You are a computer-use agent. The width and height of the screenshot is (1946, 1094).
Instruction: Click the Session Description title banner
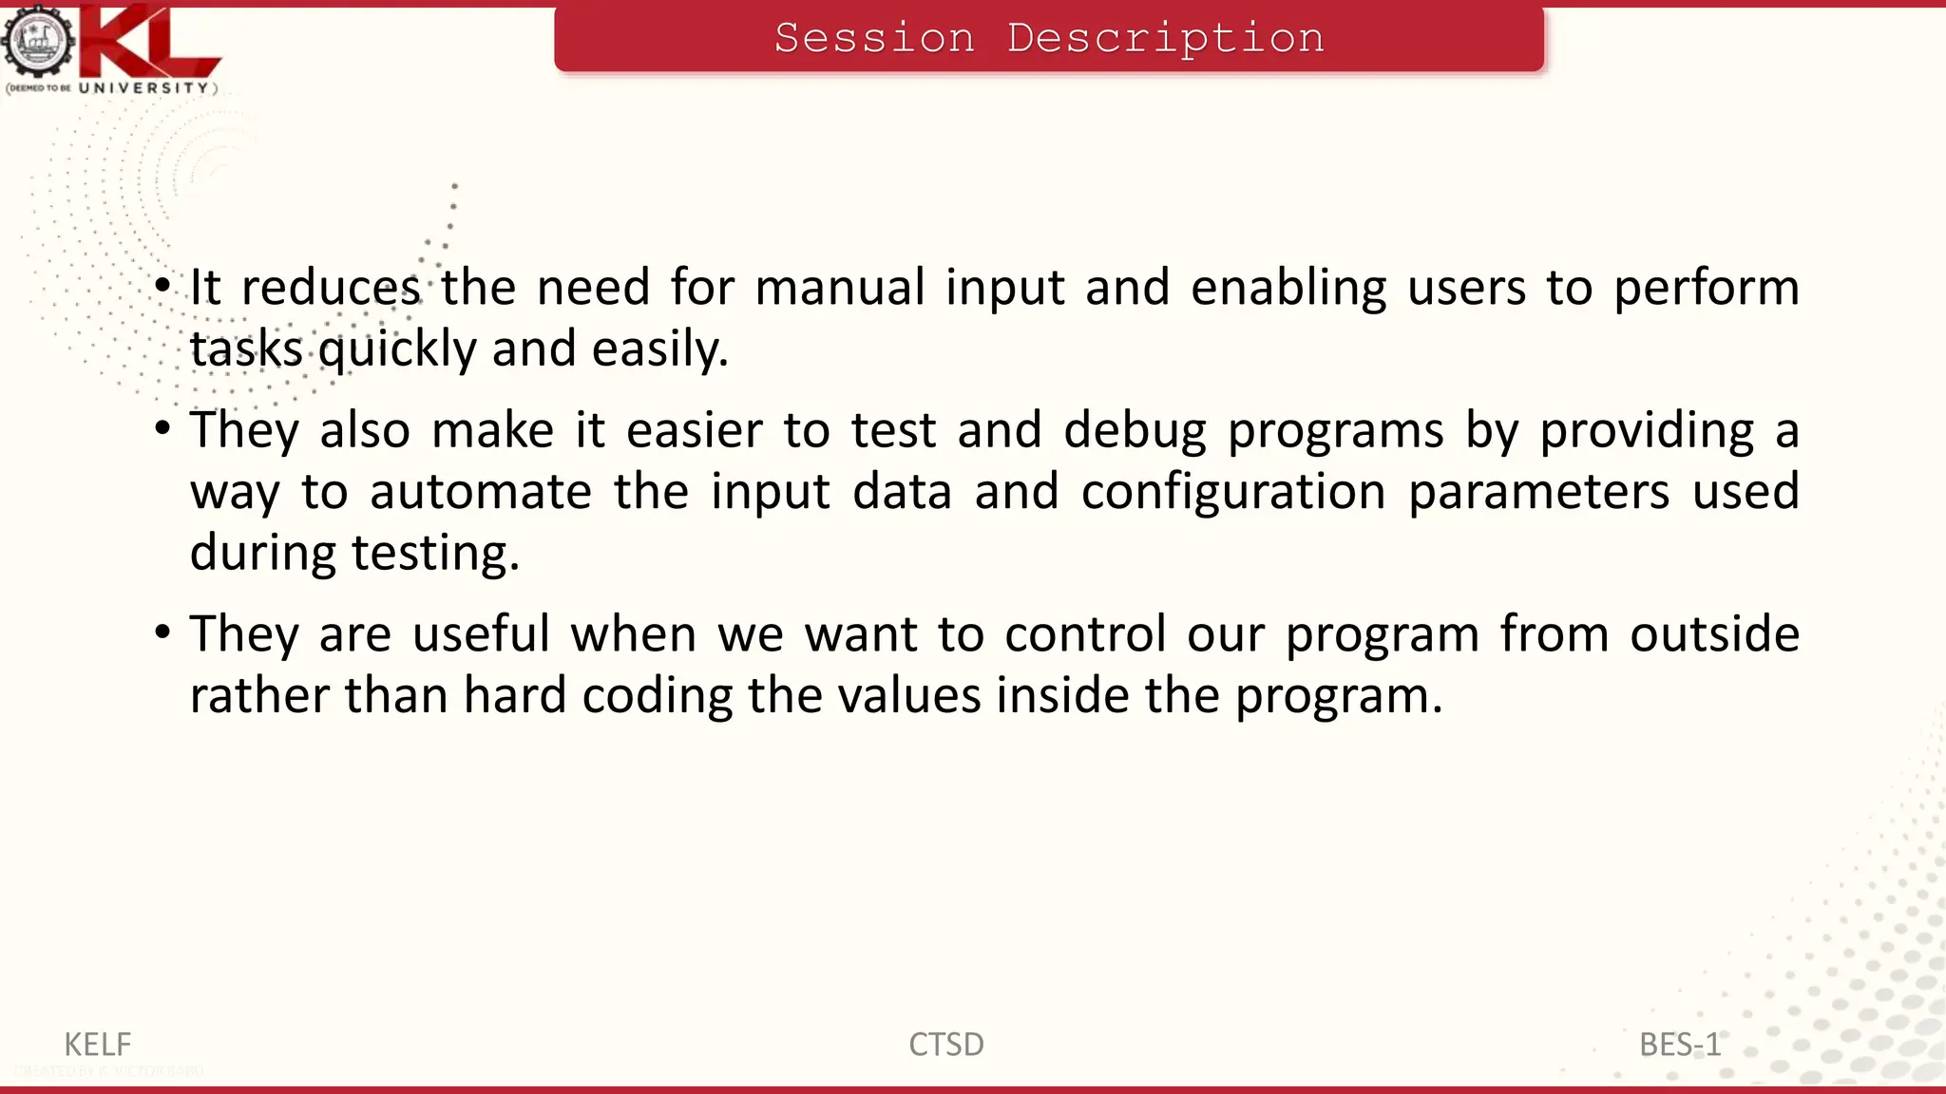click(x=1049, y=39)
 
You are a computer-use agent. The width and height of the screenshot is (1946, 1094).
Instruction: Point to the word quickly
click(x=396, y=350)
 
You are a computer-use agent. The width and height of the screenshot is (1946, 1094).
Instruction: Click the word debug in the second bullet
click(x=1134, y=431)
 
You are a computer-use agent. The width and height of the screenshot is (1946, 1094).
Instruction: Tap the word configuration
click(x=1232, y=493)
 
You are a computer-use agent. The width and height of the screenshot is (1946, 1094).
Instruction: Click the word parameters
click(x=1537, y=493)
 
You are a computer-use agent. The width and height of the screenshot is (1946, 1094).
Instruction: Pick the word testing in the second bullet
click(x=434, y=554)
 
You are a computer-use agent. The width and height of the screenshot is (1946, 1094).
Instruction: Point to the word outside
click(x=1714, y=633)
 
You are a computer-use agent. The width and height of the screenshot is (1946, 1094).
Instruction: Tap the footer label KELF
click(x=97, y=1045)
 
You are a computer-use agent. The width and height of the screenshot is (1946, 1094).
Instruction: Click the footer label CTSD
click(x=945, y=1045)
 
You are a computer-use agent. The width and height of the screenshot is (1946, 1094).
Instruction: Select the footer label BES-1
click(x=1679, y=1045)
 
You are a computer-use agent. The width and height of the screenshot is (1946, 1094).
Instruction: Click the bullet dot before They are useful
click(x=163, y=632)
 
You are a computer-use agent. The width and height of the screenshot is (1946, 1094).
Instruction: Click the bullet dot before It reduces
click(x=163, y=285)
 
